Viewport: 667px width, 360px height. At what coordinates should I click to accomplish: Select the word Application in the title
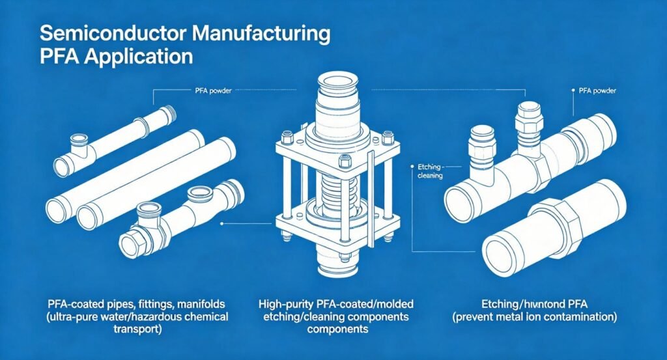coord(134,56)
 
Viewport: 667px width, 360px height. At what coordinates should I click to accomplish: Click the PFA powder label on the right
coord(594,92)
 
